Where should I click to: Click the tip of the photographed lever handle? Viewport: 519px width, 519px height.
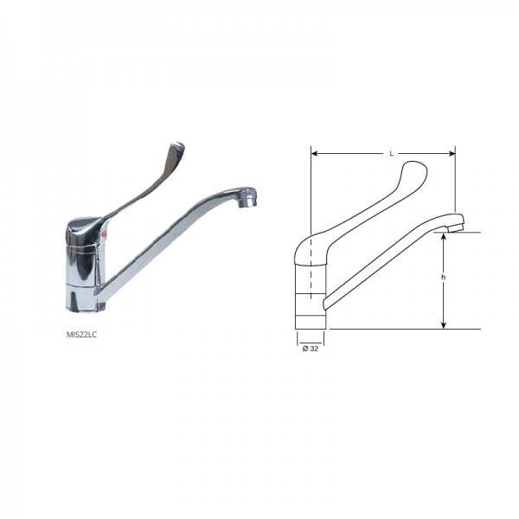pyautogui.click(x=176, y=148)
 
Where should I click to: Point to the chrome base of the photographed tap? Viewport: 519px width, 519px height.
pyautogui.click(x=83, y=298)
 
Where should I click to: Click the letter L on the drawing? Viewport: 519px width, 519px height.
pyautogui.click(x=391, y=153)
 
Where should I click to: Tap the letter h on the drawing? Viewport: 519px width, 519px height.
pyautogui.click(x=443, y=277)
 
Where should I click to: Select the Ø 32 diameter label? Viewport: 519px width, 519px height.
pyautogui.click(x=309, y=348)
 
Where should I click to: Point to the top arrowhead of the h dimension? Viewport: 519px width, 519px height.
pyautogui.click(x=444, y=236)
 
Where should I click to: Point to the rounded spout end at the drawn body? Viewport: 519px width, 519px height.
pyautogui.click(x=324, y=302)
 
